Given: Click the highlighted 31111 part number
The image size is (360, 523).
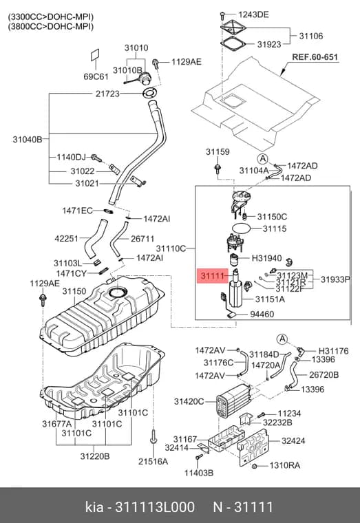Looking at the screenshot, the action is pos(212,276).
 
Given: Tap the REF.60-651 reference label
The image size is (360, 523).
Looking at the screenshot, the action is pos(315,56).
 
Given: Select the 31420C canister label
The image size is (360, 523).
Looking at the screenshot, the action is pos(189,401).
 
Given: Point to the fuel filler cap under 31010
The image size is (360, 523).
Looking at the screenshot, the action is pos(144,78).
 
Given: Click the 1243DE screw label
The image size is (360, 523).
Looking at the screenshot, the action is pos(253,14).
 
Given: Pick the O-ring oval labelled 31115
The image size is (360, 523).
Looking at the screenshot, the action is pos(241,228).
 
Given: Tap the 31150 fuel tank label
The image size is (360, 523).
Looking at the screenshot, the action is pos(74,291).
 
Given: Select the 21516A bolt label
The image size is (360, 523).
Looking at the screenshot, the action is pos(153,461).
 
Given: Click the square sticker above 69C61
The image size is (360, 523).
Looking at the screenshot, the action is pos(96,55).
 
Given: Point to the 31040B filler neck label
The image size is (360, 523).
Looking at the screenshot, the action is pos(28,139).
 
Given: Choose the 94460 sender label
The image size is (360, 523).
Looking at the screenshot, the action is pos(262,314).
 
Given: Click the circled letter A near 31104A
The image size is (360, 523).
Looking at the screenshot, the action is pos(262,158).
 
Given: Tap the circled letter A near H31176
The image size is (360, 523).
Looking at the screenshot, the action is pos(282,339).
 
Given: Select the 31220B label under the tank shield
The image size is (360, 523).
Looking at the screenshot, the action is pos(95,456).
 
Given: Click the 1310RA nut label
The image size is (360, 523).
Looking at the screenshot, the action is pos(284,465).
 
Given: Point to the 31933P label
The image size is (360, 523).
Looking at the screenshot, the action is pos(335,279).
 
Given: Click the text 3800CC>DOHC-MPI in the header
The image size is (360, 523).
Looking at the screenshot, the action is pos(51,26).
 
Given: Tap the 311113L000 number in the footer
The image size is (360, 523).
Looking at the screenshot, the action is pos(155,507).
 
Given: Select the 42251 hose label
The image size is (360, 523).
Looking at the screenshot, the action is pos(66,239).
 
